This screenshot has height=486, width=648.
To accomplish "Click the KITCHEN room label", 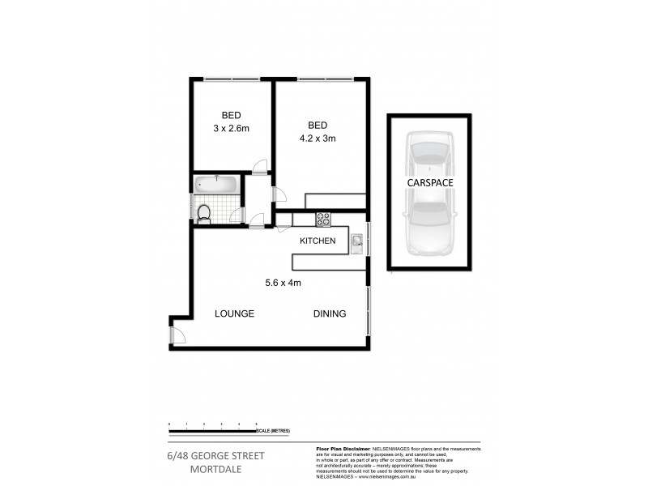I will click(x=318, y=241).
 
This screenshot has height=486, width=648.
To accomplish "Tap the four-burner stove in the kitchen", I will click(x=322, y=217).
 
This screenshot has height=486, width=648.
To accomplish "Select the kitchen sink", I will click(x=356, y=241).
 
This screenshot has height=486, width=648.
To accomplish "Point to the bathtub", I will click(x=216, y=185).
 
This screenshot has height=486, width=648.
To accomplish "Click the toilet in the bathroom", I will click(x=205, y=212).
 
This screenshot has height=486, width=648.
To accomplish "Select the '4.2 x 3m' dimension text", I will click(x=317, y=139).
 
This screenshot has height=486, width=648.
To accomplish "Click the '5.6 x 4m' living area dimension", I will click(x=283, y=283).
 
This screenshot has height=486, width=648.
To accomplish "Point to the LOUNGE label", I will click(x=235, y=314).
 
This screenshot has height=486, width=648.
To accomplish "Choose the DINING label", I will click(x=330, y=314).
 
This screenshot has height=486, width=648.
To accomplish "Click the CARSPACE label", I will click(x=429, y=184).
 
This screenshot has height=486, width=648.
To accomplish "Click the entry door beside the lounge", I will click(x=177, y=335).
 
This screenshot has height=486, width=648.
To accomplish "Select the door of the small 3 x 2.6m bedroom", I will click(x=260, y=168).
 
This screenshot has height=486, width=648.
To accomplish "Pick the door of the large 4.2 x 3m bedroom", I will click(x=279, y=194).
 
